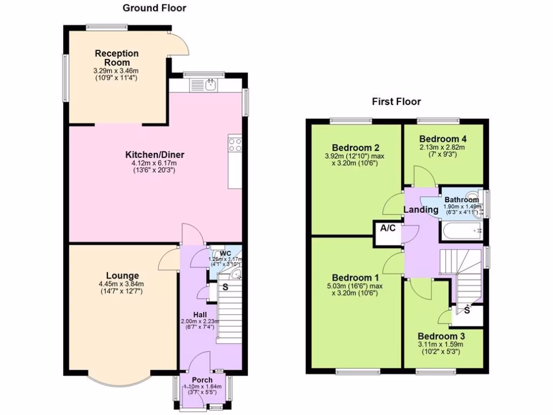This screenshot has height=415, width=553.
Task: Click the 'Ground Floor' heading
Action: coord(154,8)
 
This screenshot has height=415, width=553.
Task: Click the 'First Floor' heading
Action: coord(396,101)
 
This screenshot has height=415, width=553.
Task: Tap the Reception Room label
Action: coord(117,58)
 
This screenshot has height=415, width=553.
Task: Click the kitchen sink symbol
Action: coord(210,85)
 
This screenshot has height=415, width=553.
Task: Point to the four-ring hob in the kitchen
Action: coord(235,144)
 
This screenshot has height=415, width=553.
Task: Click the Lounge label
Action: coord(122,276)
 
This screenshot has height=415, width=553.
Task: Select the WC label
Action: coord(225,253)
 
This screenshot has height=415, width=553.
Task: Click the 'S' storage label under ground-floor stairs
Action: coord(225,287)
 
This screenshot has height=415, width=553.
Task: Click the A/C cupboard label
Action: coord(388,228)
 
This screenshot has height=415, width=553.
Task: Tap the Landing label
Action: coord(421,210)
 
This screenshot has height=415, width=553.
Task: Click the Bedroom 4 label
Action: coord(443,138)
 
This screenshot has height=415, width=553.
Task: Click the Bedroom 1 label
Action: coord(350,278)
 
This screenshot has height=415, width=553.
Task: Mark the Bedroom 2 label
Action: coord(355,148)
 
